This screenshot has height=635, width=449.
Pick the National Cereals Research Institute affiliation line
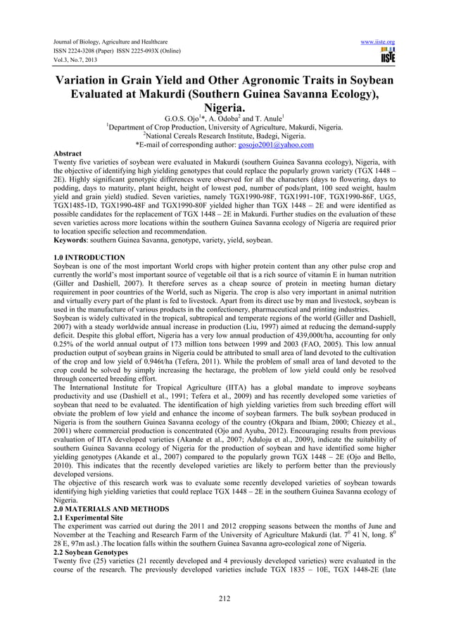(224, 136)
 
